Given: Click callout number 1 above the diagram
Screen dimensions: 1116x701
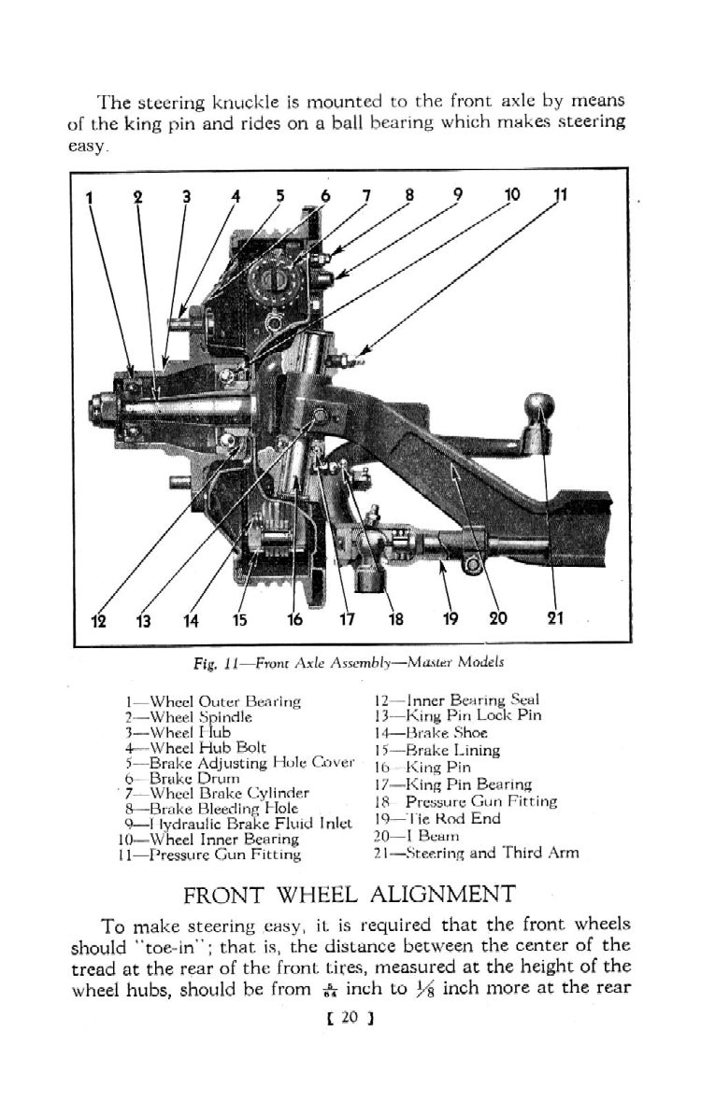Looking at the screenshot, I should pos(90,197).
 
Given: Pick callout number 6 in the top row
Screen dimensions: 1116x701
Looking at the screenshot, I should pos(325,197).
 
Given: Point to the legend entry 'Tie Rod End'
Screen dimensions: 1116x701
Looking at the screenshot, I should pos(436,818).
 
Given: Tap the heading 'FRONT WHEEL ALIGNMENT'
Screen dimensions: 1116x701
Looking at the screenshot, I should pos(350,895).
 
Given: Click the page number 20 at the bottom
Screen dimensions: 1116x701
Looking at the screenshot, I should pos(350,1015).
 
